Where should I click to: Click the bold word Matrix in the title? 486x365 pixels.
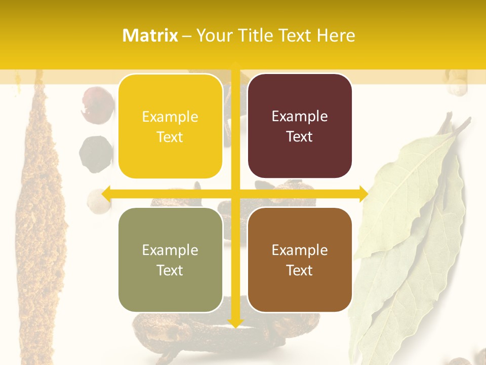coord(150,35)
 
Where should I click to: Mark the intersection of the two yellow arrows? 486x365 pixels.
coord(235,194)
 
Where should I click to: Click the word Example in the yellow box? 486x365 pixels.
coord(170,117)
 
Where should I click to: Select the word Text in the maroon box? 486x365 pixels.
coord(300,137)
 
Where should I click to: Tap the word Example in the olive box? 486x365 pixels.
coord(170,250)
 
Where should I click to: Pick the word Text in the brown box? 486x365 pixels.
coord(300,270)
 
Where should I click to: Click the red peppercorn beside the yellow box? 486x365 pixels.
coord(98,104)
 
